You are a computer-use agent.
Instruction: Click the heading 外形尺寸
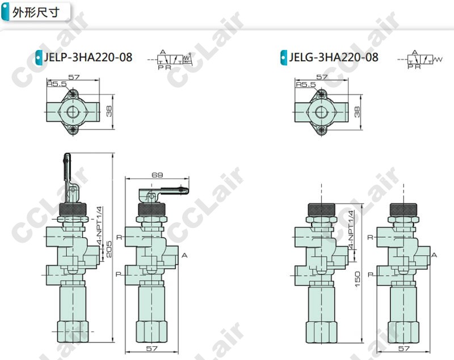[x=36, y=12]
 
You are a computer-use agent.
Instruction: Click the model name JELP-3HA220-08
[x=88, y=57]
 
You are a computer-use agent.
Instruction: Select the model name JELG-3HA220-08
[x=334, y=57]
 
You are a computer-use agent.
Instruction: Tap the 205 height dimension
[x=108, y=249]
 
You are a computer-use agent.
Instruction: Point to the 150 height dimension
[x=358, y=279]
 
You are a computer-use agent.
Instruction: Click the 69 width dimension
[x=157, y=175]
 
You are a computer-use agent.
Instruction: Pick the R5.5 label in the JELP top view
[x=57, y=84]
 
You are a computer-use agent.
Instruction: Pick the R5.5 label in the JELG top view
[x=305, y=84]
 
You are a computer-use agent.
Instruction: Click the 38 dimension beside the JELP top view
[x=109, y=111]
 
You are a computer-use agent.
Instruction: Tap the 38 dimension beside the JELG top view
[x=357, y=112]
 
